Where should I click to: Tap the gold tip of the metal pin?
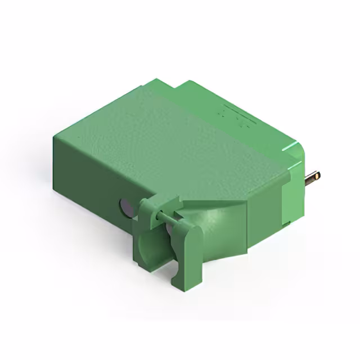(319, 175)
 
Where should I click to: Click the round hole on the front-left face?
(126, 209)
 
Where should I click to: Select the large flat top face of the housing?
(169, 135)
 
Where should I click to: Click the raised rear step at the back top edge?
(191, 87)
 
